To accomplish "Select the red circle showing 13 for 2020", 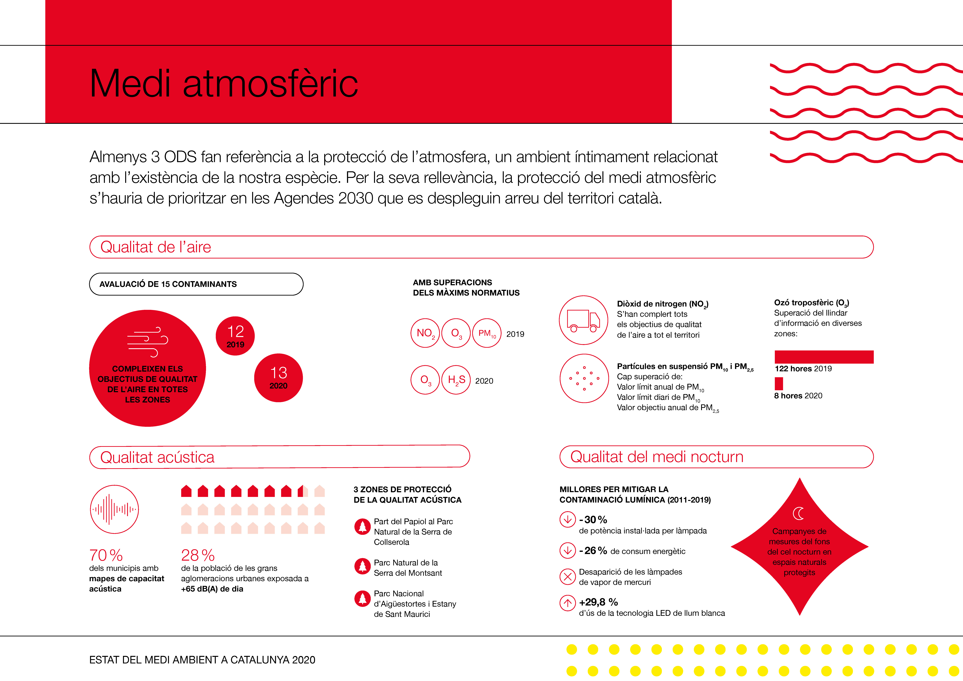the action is point(278,378).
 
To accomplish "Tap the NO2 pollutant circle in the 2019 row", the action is point(425,333).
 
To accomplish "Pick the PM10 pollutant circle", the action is point(487,333).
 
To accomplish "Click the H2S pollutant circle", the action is point(456,380).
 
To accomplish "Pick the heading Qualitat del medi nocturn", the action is point(657,457).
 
